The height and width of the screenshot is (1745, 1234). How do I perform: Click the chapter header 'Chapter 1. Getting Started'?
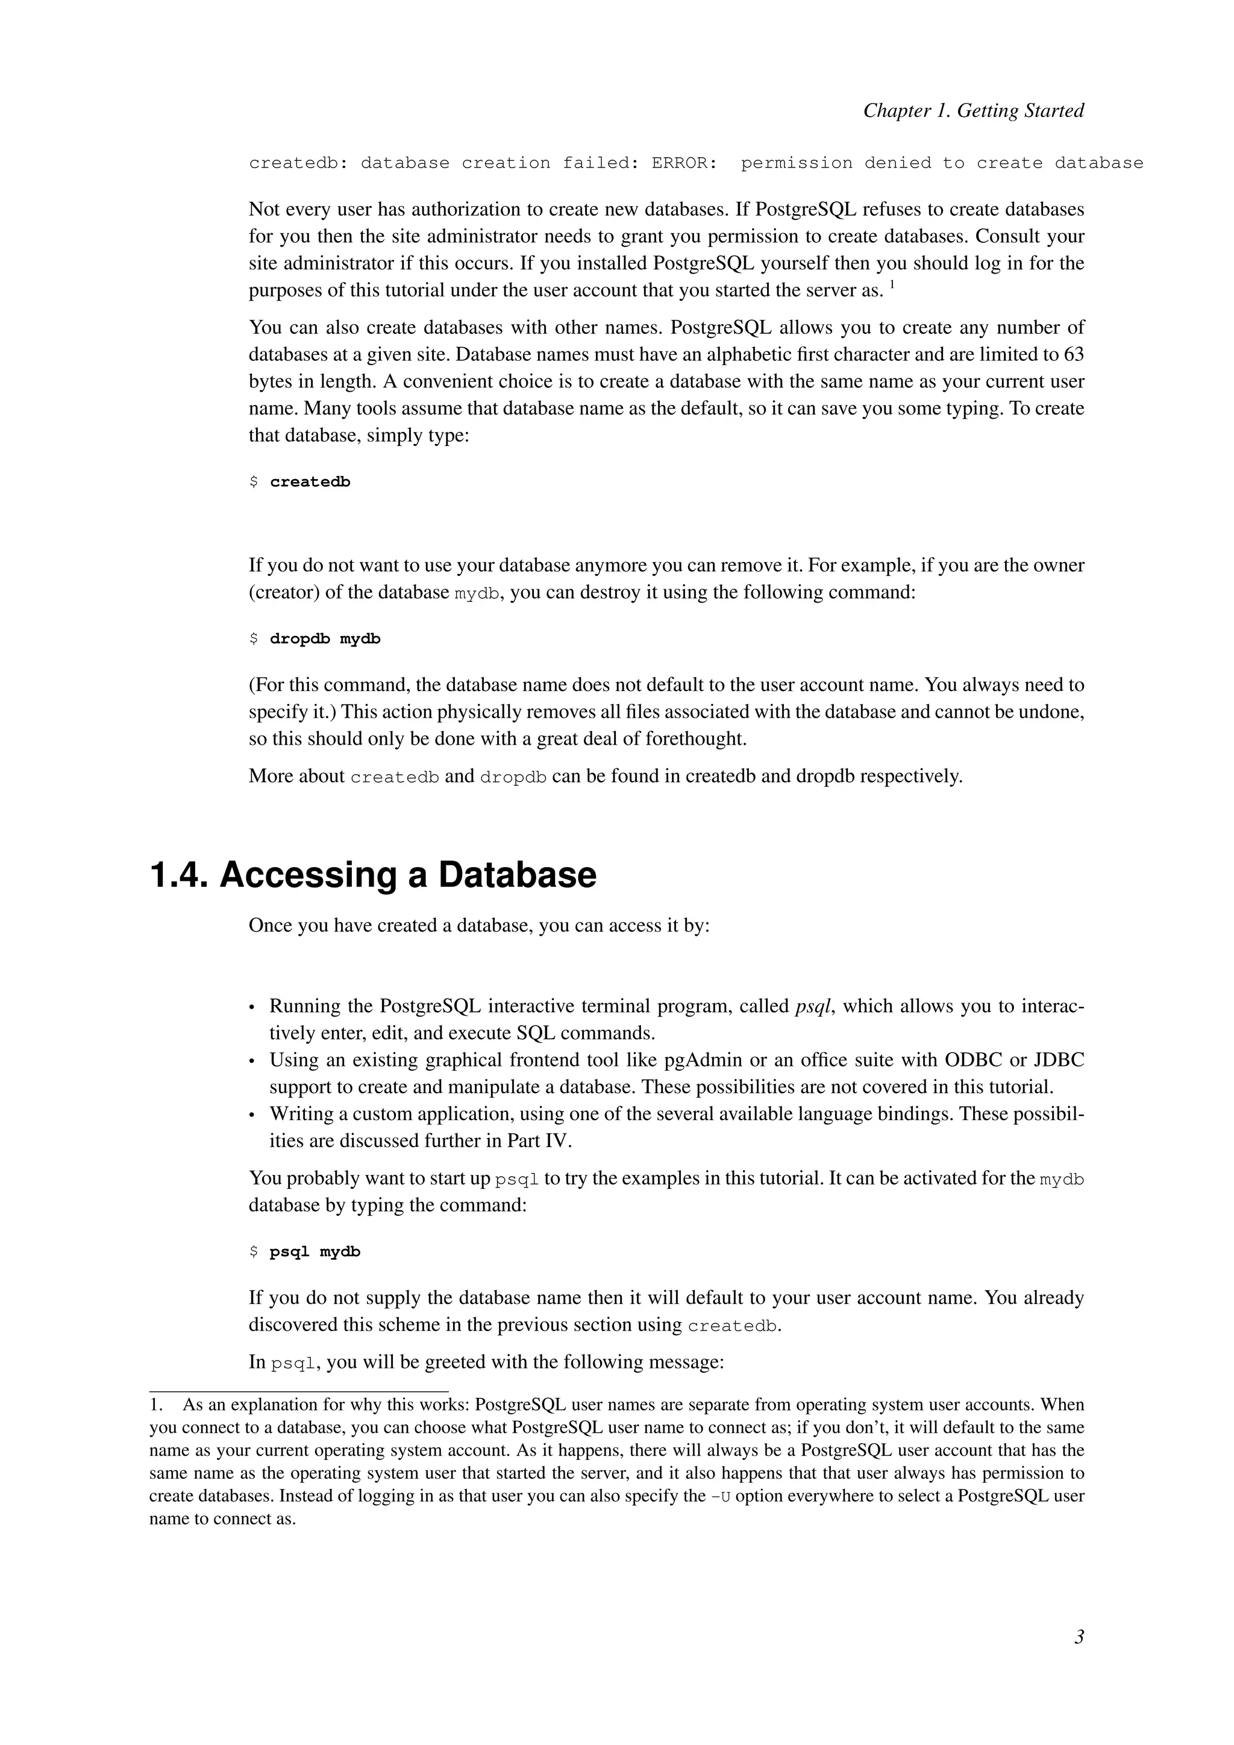(x=972, y=111)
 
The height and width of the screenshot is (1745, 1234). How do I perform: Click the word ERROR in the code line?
(x=683, y=163)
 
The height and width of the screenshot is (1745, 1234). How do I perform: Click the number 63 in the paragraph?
(x=1073, y=355)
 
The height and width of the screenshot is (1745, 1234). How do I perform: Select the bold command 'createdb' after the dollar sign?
(x=310, y=482)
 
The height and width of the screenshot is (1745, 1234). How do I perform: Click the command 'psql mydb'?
(x=315, y=1252)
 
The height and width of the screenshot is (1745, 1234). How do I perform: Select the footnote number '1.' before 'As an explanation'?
(x=157, y=1405)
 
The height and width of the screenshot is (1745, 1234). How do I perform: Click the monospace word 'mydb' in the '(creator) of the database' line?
(x=477, y=594)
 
